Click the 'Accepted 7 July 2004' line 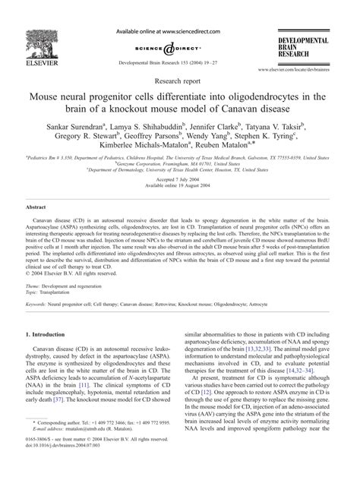click(x=179, y=201)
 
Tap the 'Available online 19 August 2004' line click(x=179, y=207)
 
